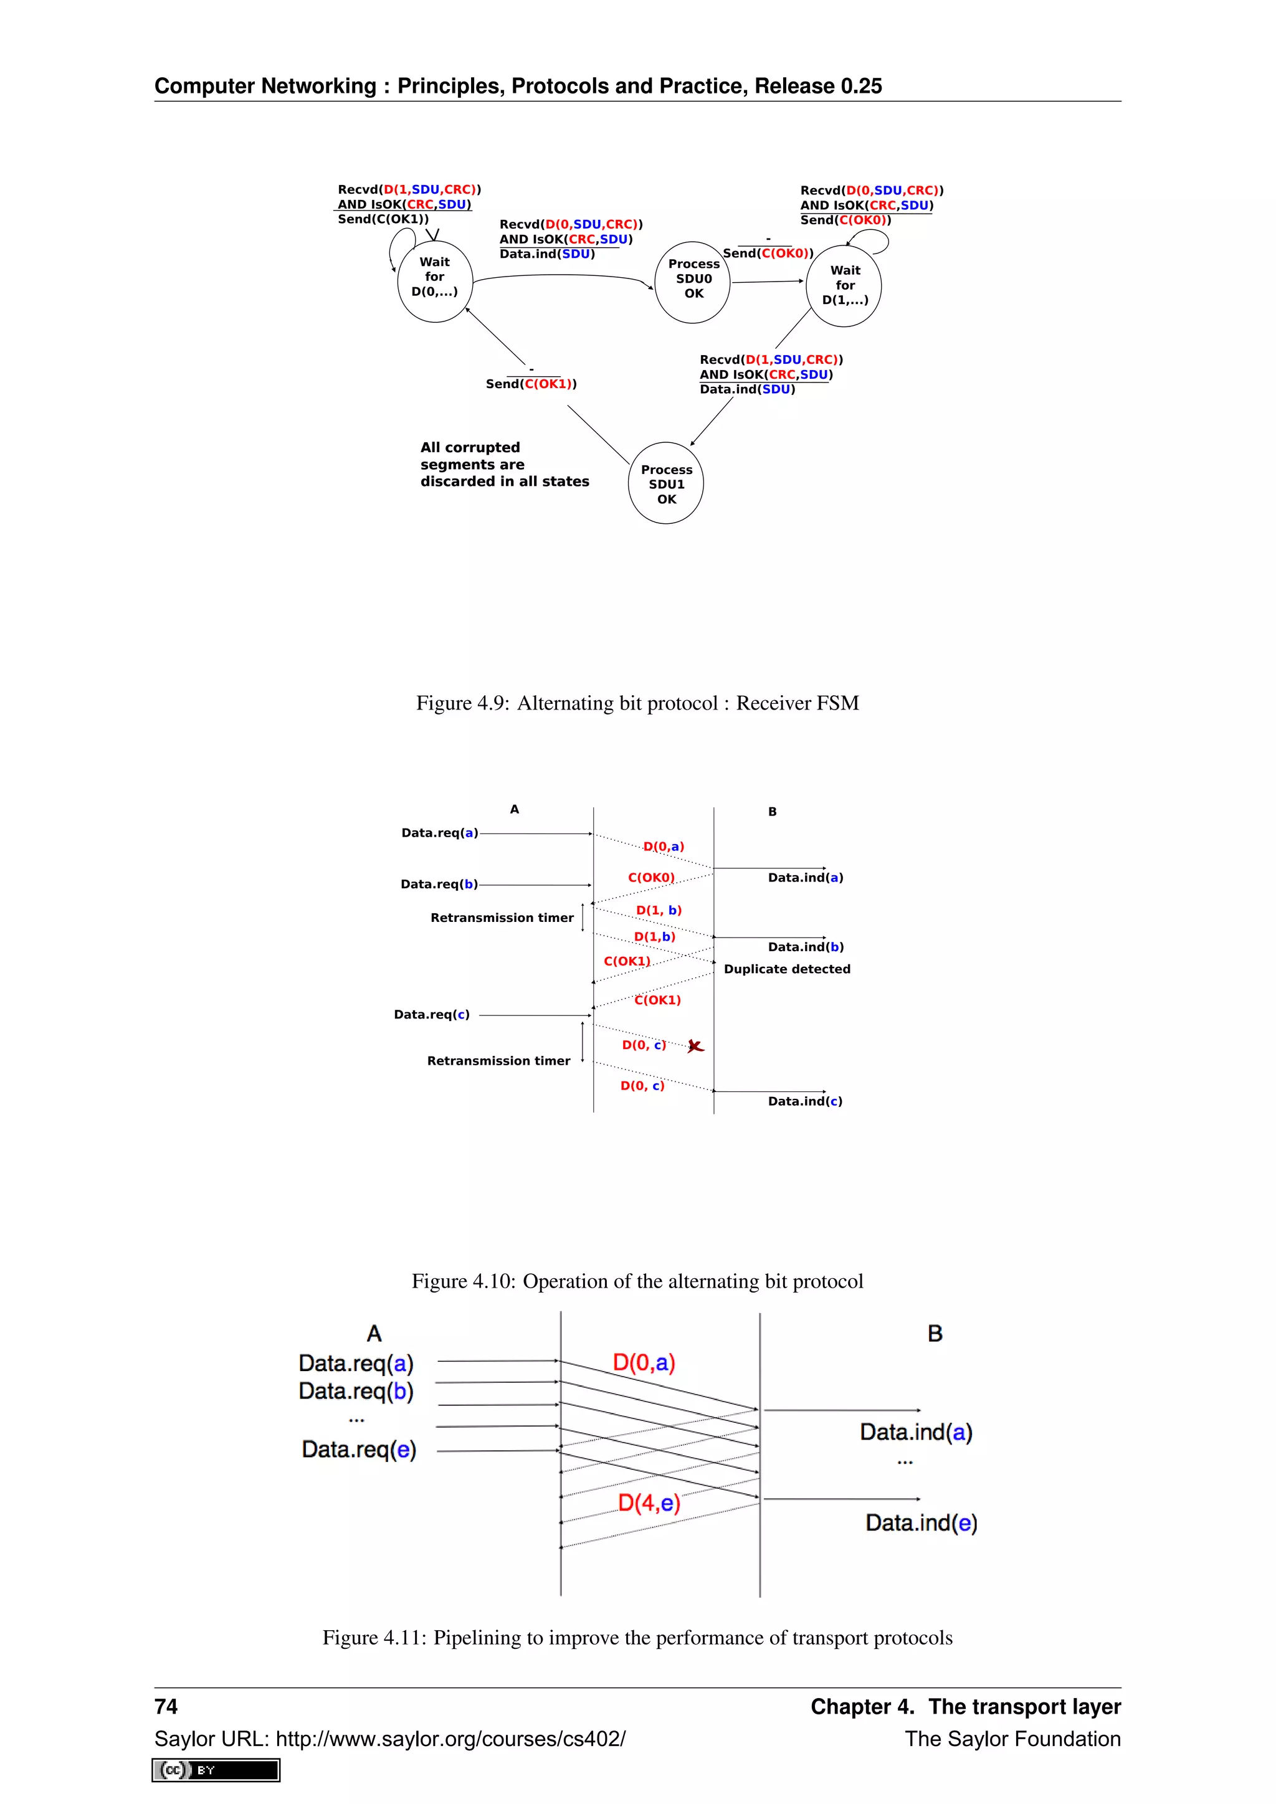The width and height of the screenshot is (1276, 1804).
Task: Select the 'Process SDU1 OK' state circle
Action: pyautogui.click(x=665, y=484)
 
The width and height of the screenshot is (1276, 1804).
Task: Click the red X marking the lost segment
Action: pyautogui.click(x=695, y=1046)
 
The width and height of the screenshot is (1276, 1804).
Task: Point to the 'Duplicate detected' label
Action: pyautogui.click(x=786, y=969)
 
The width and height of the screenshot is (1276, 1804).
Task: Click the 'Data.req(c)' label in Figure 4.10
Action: pyautogui.click(x=431, y=1014)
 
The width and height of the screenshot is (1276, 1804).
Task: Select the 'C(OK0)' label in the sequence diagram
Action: pyautogui.click(x=650, y=877)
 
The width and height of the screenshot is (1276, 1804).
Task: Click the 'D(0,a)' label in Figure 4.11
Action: pyautogui.click(x=644, y=1362)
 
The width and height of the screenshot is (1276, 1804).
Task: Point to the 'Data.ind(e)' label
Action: pyautogui.click(x=921, y=1522)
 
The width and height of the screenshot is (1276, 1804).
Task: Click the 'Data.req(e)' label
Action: pyautogui.click(x=359, y=1449)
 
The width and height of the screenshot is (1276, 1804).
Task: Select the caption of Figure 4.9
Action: pyautogui.click(x=637, y=703)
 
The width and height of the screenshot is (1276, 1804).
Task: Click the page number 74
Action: pyautogui.click(x=166, y=1706)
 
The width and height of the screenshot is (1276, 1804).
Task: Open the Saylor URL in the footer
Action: pyautogui.click(x=389, y=1739)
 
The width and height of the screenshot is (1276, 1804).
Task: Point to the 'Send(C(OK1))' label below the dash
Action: pyautogui.click(x=531, y=384)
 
